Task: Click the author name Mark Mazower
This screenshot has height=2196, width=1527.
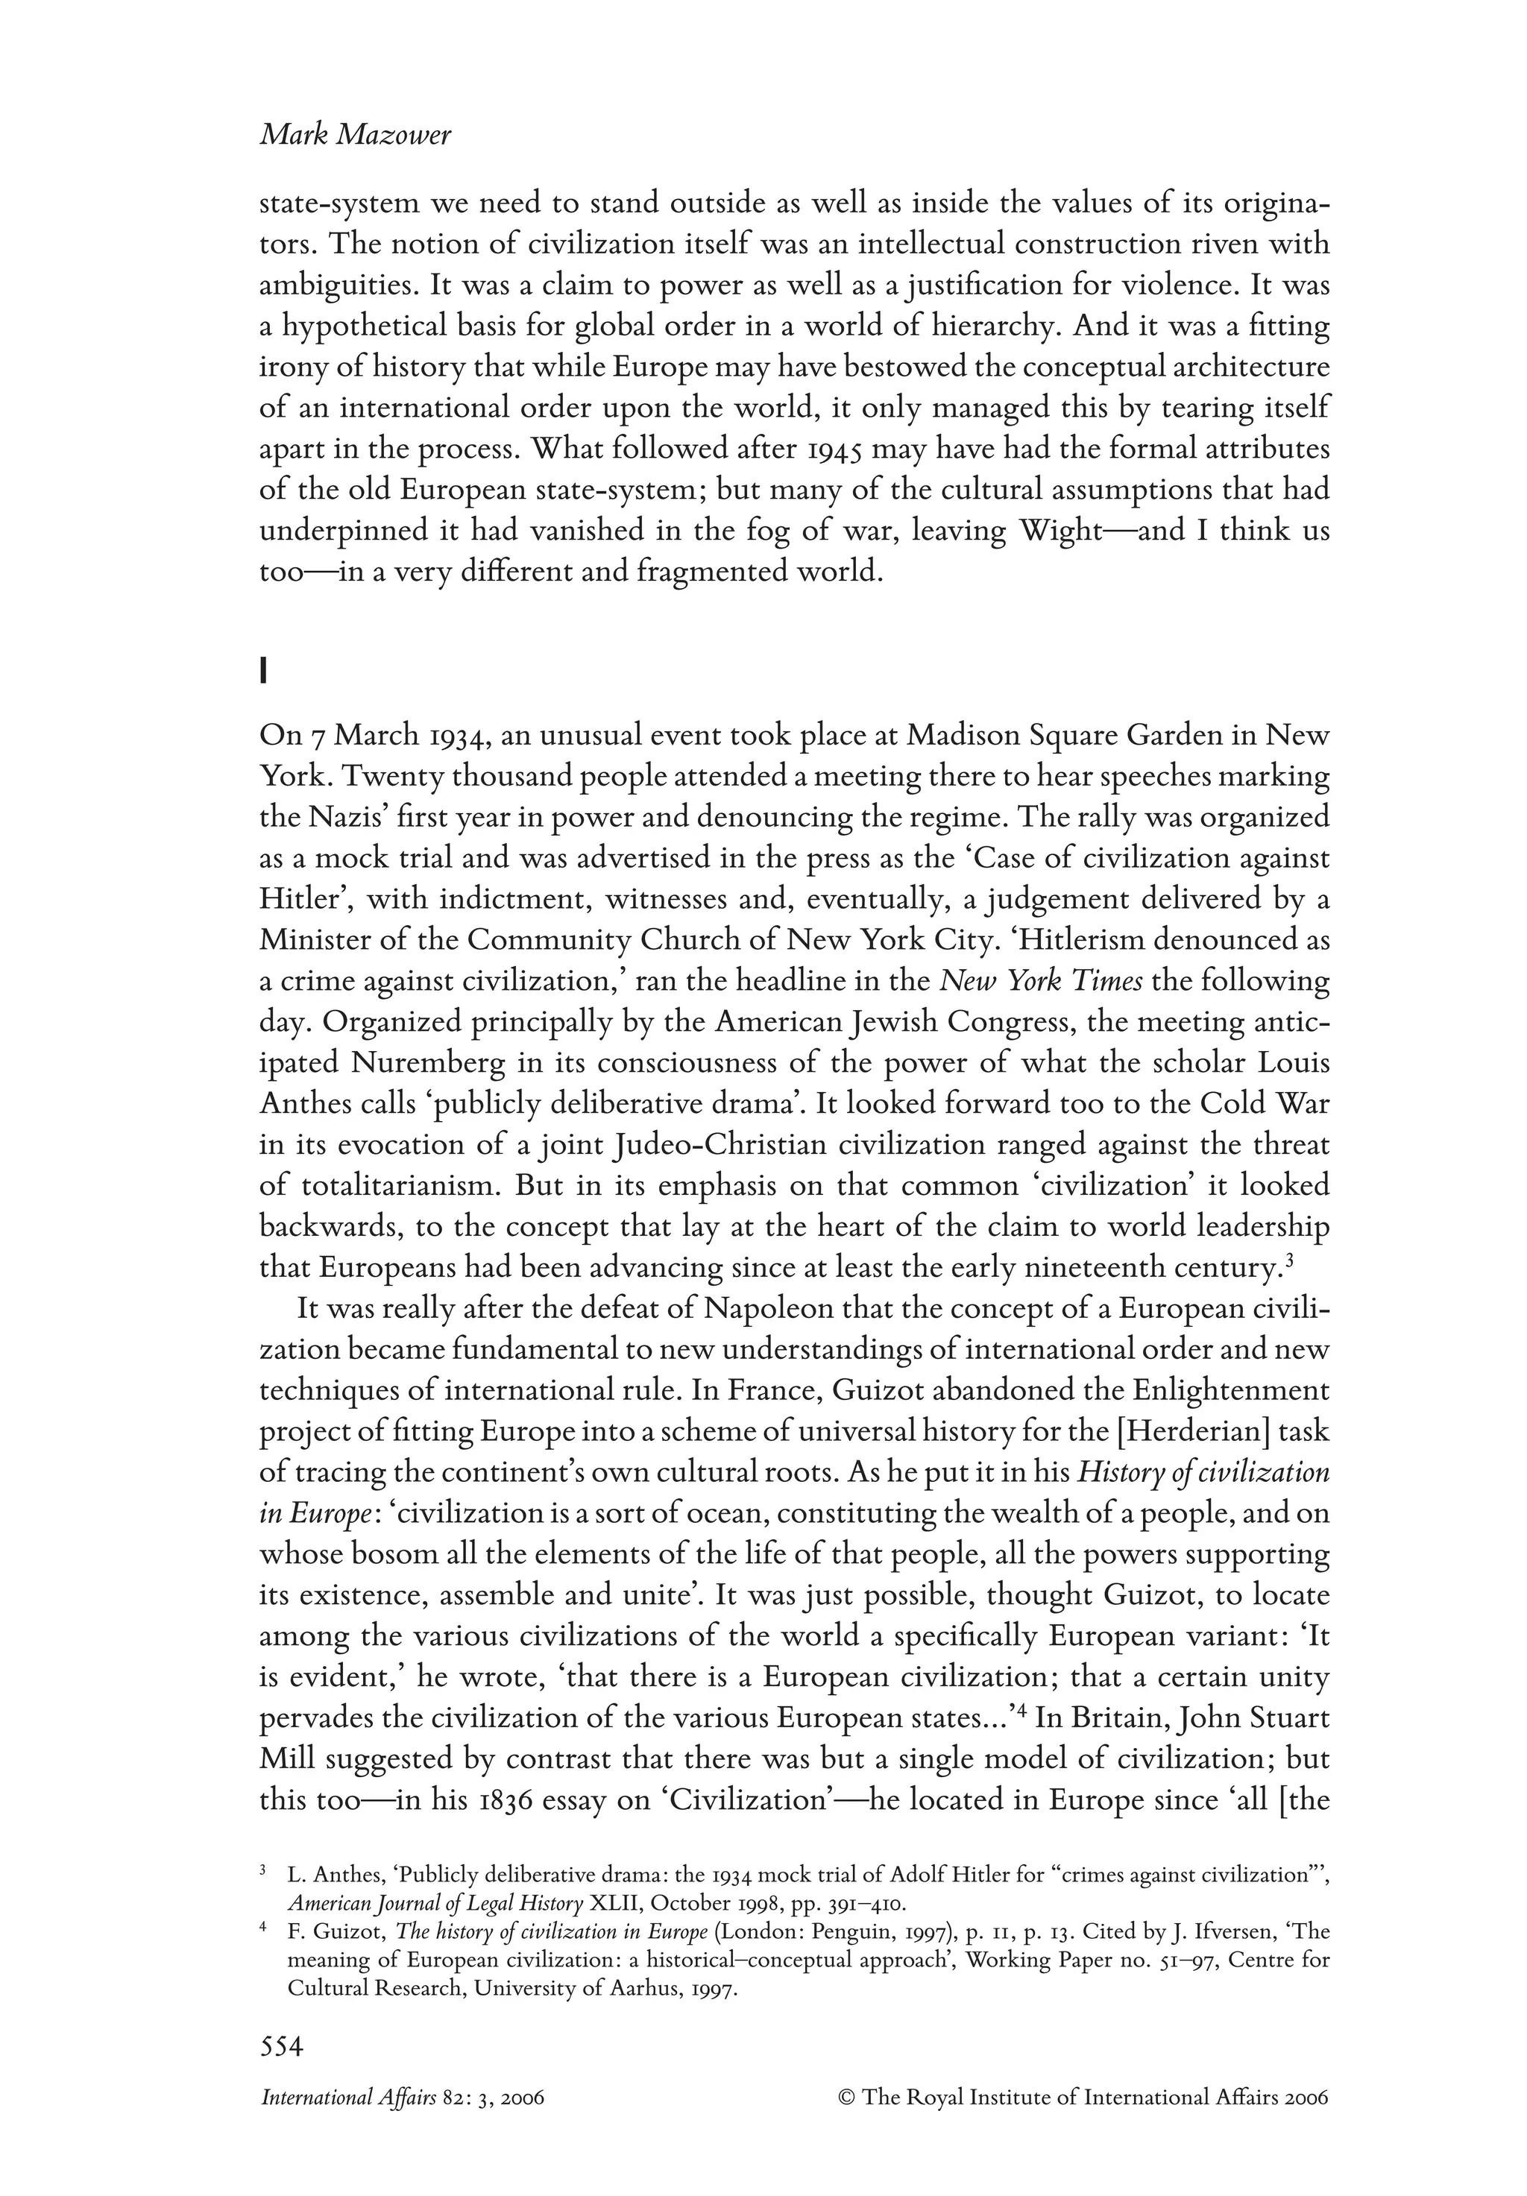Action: (355, 136)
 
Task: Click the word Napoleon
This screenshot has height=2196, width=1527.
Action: (770, 1310)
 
